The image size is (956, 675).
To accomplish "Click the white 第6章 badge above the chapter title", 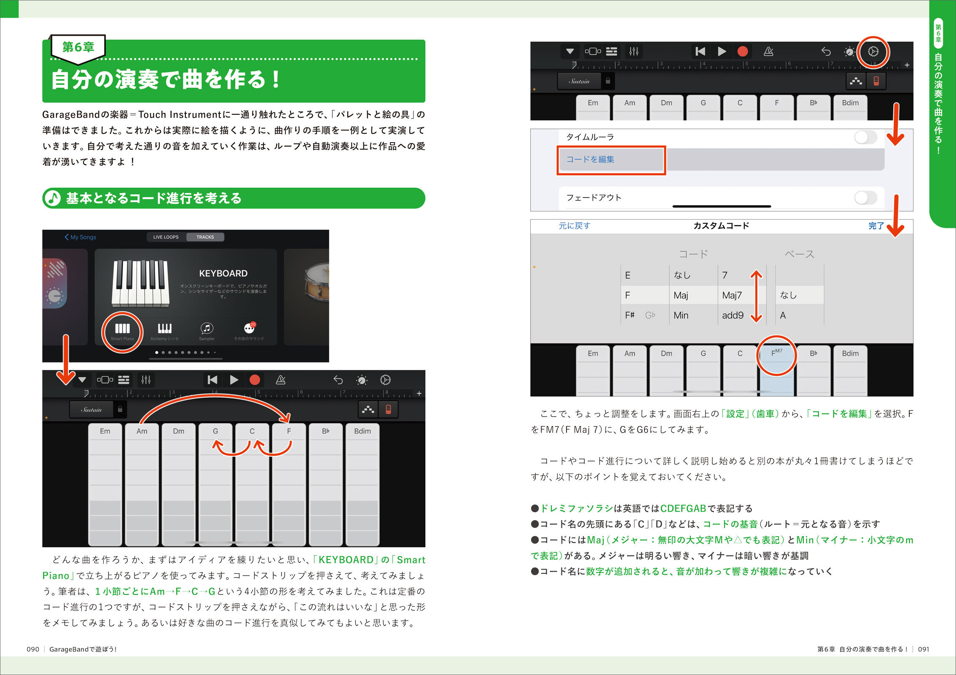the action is click(78, 48).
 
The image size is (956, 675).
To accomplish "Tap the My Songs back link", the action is click(81, 237).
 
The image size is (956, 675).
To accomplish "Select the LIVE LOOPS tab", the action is click(166, 237).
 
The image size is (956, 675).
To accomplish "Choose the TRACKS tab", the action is click(205, 237).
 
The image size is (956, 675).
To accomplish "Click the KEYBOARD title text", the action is click(223, 273).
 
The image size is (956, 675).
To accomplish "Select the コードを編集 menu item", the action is click(590, 159).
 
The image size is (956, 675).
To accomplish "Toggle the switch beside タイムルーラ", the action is click(866, 137).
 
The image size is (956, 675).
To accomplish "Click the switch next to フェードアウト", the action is click(866, 197).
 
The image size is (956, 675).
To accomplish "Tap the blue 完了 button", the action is click(876, 226).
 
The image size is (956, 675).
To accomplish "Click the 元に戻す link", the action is click(575, 226).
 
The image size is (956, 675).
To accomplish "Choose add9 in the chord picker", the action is click(733, 316).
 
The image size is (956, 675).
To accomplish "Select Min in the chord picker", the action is click(681, 316).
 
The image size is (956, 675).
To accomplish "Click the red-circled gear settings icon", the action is click(873, 52).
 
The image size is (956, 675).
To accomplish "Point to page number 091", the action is click(924, 649).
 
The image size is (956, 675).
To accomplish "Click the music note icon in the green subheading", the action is click(53, 198).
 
